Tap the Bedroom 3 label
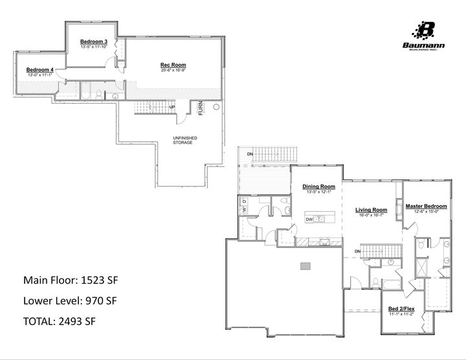pos(94,41)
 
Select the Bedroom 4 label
pos(40,69)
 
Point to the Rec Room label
pos(173,65)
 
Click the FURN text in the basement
pos(201,108)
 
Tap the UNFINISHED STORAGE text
pos(184,140)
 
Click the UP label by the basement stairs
pos(172,107)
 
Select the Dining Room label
pos(319,186)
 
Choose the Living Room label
pos(371,210)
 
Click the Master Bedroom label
pos(426,206)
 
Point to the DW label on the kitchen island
pos(309,219)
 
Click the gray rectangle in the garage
pos(305,265)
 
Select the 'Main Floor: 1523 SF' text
pos(71,280)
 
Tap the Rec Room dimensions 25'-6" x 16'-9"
pos(173,70)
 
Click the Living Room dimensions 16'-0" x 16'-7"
pos(371,215)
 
